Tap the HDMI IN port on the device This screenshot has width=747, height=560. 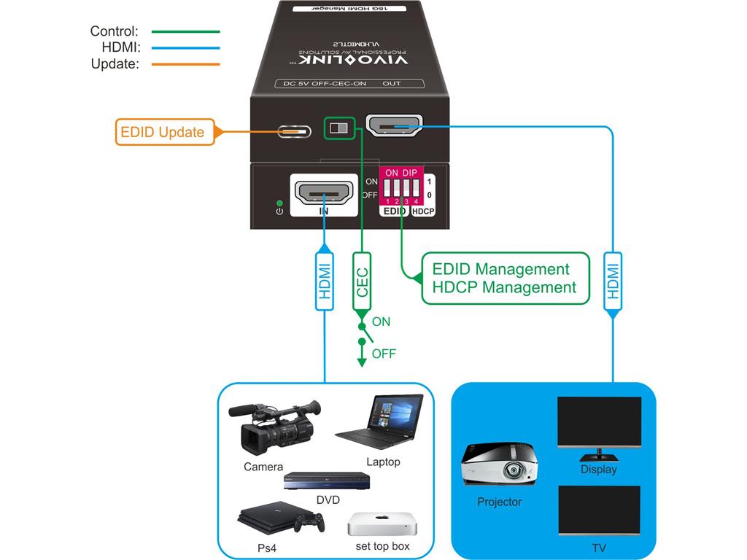(x=325, y=195)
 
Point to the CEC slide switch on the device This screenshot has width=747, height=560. (x=339, y=128)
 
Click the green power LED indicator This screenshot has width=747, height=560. (x=279, y=202)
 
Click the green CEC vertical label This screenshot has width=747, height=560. (x=362, y=281)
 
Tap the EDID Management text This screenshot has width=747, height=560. (x=500, y=269)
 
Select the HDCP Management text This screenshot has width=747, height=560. (x=504, y=287)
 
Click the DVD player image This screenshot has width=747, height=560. (x=328, y=481)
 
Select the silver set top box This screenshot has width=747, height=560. (x=382, y=524)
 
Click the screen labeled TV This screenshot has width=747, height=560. (x=599, y=510)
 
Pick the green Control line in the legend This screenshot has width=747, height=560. (x=185, y=32)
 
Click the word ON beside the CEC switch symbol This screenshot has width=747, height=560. (x=381, y=322)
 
